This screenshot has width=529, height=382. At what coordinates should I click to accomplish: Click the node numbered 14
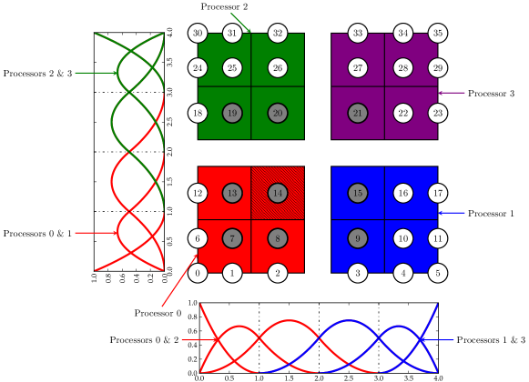(278, 193)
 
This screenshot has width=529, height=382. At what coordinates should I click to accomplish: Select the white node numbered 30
(198, 34)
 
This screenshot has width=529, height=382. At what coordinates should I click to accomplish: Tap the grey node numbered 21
(358, 114)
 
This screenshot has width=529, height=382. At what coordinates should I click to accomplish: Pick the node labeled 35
(438, 34)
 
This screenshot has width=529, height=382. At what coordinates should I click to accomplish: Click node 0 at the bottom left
(198, 272)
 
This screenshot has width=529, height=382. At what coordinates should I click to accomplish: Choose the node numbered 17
(438, 193)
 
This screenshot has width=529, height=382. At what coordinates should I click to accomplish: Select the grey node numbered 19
(232, 114)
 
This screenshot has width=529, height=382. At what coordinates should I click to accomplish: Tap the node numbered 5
(438, 272)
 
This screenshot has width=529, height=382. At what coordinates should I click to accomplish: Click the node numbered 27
(358, 68)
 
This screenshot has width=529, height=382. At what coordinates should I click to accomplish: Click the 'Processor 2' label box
(225, 6)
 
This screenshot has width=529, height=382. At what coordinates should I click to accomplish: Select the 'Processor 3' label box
(491, 93)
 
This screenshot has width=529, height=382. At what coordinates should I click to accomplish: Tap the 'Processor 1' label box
(491, 213)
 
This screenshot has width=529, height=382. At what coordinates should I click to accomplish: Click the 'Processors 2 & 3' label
(37, 73)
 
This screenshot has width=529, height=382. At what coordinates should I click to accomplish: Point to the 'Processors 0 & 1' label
(37, 234)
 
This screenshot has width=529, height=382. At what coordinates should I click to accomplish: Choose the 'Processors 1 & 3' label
(491, 339)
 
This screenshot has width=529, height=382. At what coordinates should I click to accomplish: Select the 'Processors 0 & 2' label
(144, 339)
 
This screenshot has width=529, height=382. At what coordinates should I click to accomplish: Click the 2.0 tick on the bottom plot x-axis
(319, 377)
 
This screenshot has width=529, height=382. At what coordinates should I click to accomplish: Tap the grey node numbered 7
(232, 238)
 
